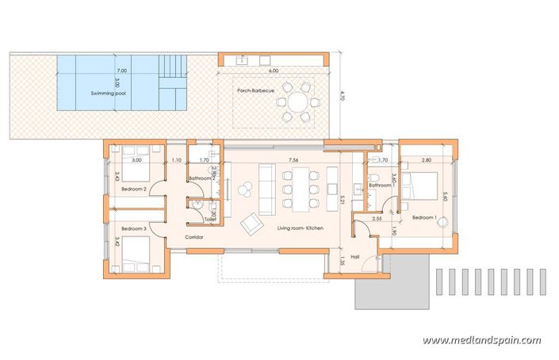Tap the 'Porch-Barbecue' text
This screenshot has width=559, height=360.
click(255, 90)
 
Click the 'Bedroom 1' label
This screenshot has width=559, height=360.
click(424, 216)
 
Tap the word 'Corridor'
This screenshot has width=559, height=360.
click(195, 237)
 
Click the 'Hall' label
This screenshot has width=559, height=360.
click(355, 256)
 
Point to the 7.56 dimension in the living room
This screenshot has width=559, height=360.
click(293, 159)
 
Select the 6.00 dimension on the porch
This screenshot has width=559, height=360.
click(274, 71)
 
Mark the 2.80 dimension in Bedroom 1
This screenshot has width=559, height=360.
click(426, 159)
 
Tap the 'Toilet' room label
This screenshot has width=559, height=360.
click(210, 218)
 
